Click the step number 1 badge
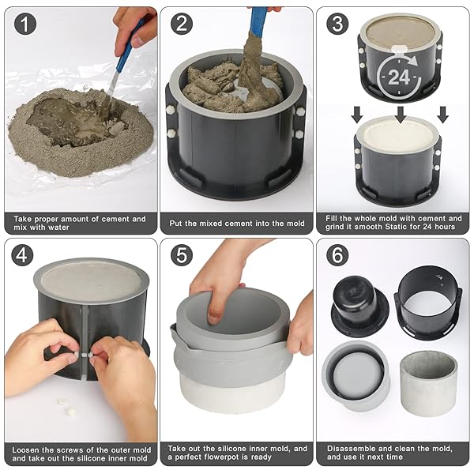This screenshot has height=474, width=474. pos(25,24)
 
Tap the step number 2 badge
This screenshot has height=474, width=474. pos(182,24)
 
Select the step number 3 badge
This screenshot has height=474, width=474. pos(337,24)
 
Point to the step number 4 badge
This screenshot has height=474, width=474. pos(22,255)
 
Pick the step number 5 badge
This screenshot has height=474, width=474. pos(182,255)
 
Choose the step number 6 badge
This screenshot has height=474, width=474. pos(337,255)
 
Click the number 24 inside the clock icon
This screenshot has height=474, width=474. pos(399,77)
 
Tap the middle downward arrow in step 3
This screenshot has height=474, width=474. pos(401,115)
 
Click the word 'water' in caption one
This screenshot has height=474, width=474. pos(57,228)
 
